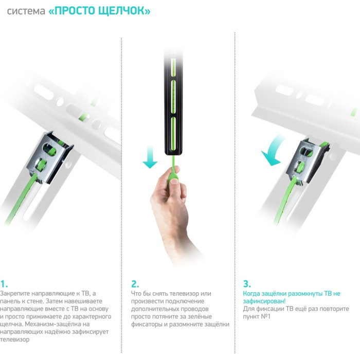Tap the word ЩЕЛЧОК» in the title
point(124,11)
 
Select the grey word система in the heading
point(26,11)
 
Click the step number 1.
point(4,284)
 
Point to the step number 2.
point(135,284)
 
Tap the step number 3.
point(247,284)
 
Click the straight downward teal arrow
point(150,157)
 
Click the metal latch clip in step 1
point(49,157)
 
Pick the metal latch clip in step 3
point(306,160)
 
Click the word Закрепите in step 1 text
point(15,294)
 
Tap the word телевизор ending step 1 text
point(15,339)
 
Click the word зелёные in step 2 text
point(200,316)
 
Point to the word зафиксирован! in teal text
point(264,301)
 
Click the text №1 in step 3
point(266,316)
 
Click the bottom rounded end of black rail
point(174,153)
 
